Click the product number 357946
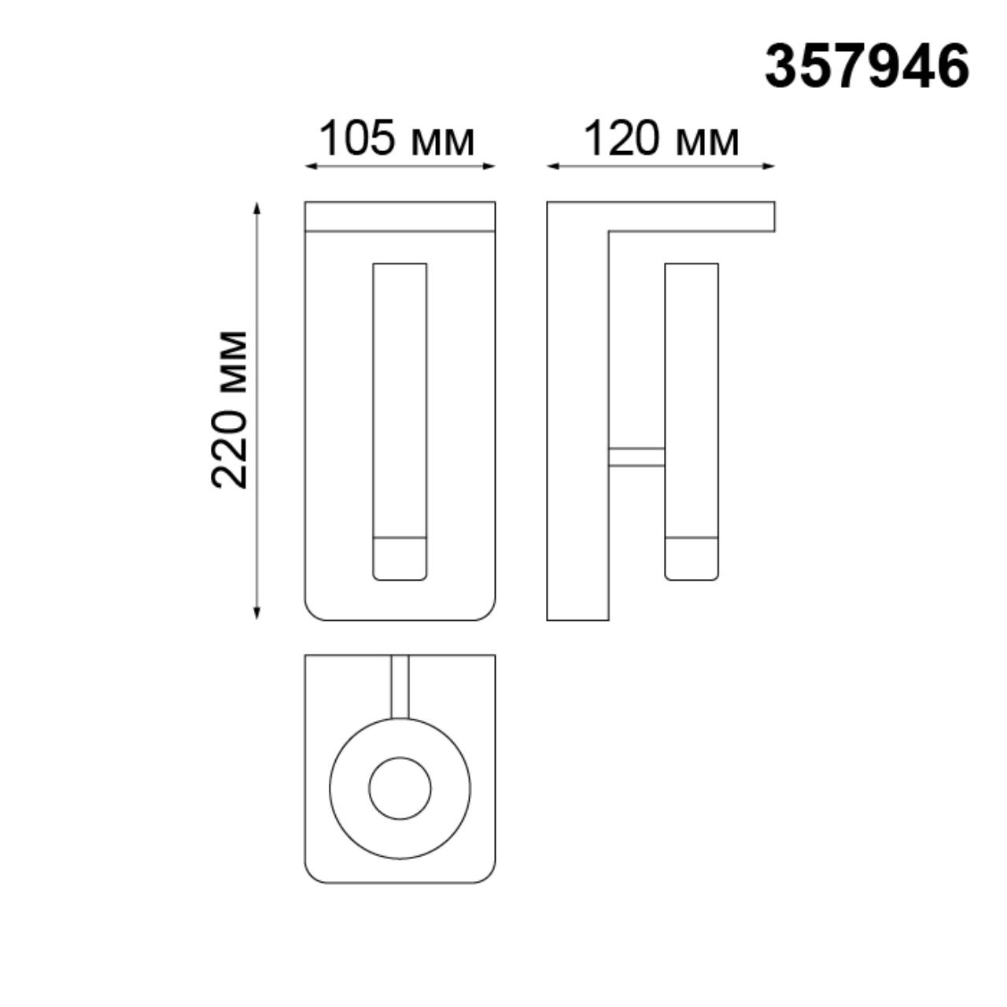tap(866, 66)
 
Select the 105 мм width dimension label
tap(397, 140)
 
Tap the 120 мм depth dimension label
tap(661, 140)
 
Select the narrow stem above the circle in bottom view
tap(400, 686)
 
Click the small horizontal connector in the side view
tap(636, 457)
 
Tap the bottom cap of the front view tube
tap(400, 559)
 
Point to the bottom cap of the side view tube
tap(692, 559)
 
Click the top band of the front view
tap(400, 216)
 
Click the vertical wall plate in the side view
tap(577, 425)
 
